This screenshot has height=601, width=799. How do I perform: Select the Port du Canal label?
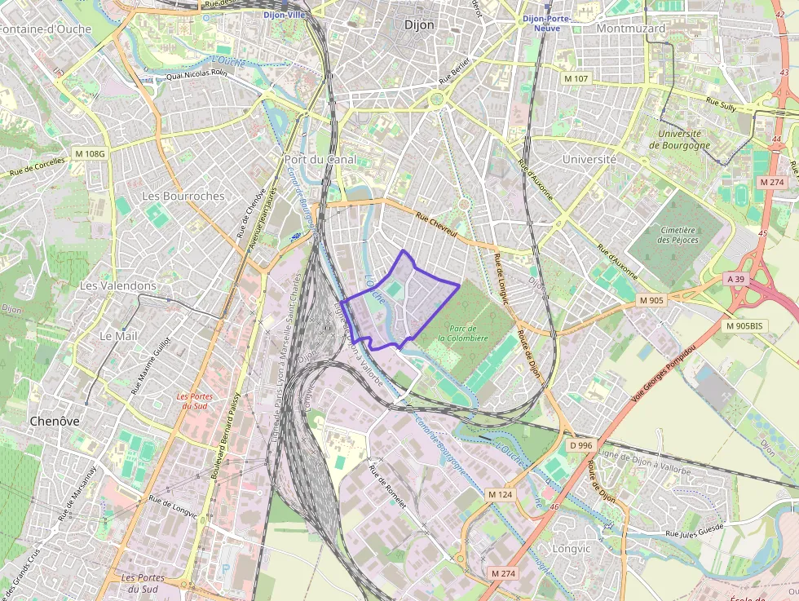(320, 160)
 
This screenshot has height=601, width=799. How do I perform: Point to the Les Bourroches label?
(183, 197)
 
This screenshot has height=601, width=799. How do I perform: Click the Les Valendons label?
(117, 286)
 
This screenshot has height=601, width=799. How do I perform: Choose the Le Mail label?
(117, 336)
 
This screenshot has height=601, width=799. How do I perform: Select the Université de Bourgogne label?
(679, 139)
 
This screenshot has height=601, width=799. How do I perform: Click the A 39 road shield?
(735, 279)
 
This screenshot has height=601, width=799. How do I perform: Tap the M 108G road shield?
(90, 153)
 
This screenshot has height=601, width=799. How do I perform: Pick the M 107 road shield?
(576, 78)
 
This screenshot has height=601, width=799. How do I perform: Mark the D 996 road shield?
(580, 445)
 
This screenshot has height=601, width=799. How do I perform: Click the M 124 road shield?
(500, 495)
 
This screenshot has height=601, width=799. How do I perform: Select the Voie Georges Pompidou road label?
(664, 377)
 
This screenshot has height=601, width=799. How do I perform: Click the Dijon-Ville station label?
(283, 15)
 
